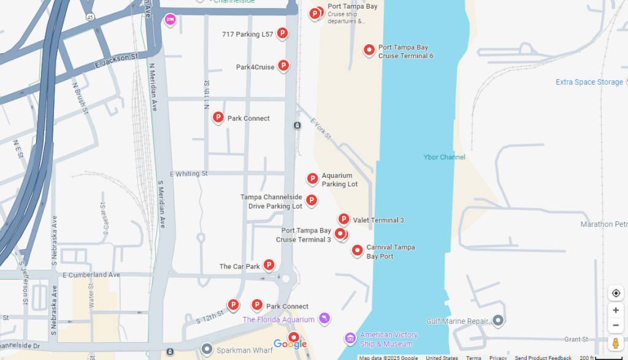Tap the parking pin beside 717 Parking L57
coord(282,33)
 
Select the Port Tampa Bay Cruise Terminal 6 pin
coord(369,50)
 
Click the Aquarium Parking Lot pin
coord(312,178)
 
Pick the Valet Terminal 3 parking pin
coord(343,219)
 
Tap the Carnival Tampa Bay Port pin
coord(357,250)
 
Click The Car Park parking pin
coord(269,265)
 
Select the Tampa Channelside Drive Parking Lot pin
coord(312,200)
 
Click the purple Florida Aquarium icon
coord(324,318)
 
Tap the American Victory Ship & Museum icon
coord(350,338)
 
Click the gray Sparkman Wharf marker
coord(207,349)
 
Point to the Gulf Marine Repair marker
coord(498,320)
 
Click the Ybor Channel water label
coord(444,158)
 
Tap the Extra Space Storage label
coord(589,82)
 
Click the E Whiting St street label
coord(189,174)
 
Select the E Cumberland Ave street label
coord(91,275)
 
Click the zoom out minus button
coord(616,325)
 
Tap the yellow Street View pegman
coord(616,343)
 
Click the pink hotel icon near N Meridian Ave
coord(170,20)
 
